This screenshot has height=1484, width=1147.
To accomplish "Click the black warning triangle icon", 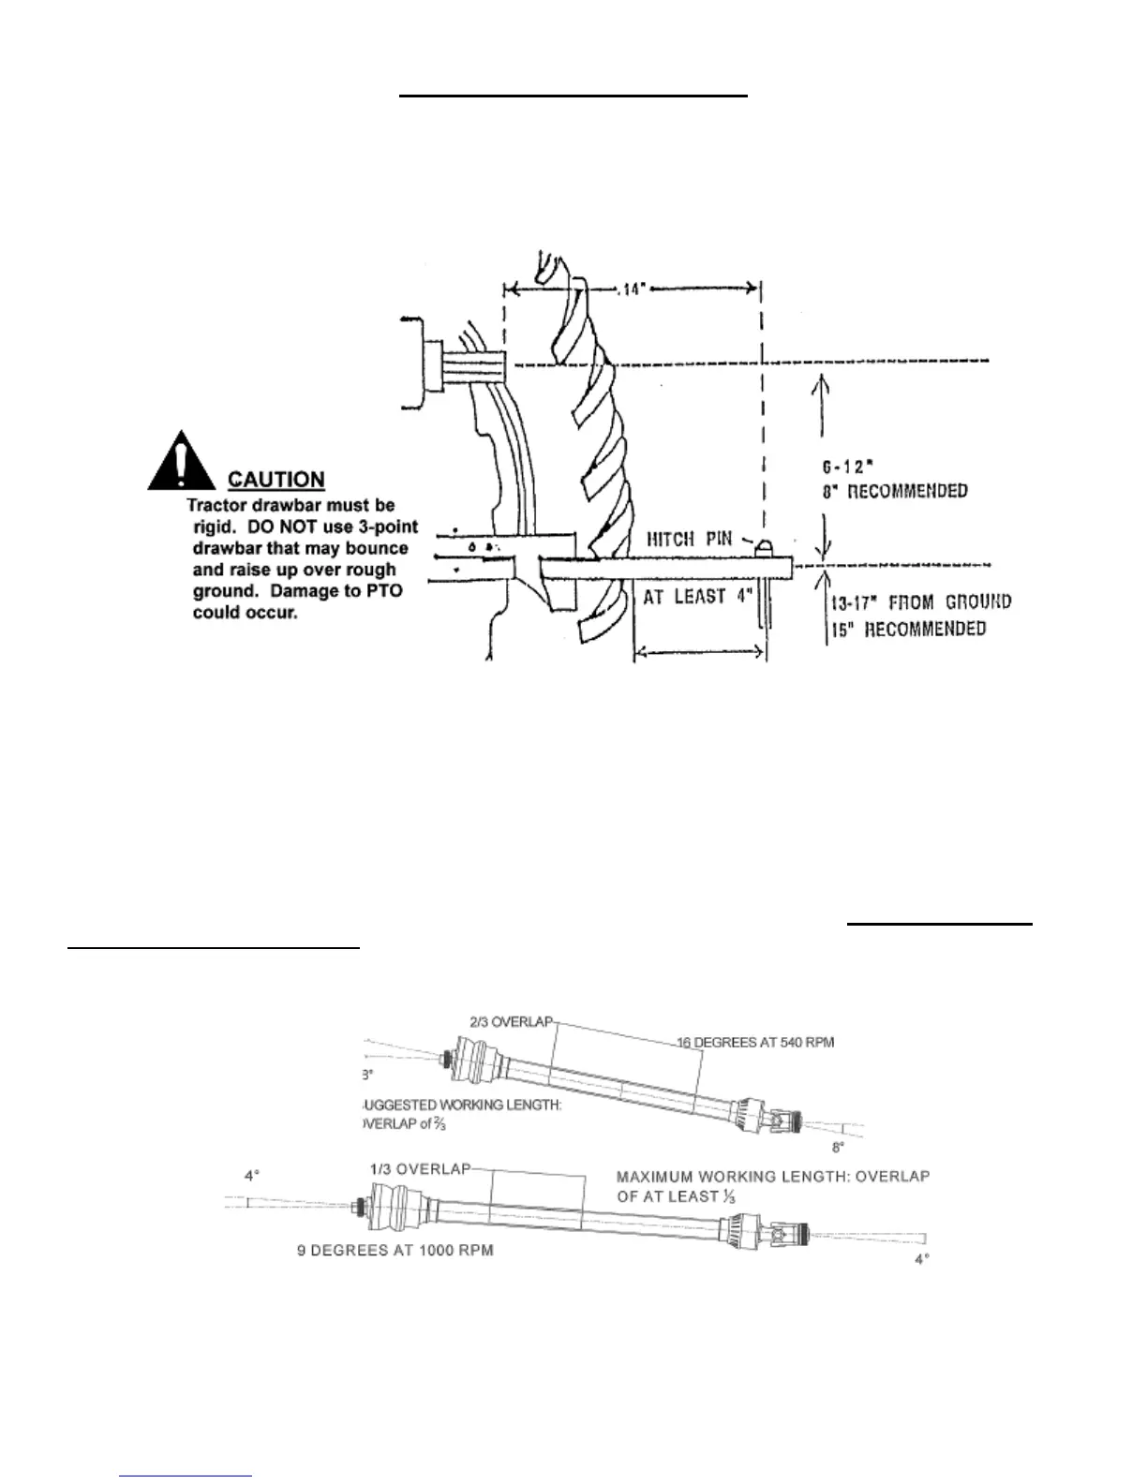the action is pos(187,462).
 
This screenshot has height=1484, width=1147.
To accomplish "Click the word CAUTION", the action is pos(276,480).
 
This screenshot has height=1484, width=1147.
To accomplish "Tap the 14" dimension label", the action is pos(634,289).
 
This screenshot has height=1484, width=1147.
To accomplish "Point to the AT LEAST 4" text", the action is pos(697,597).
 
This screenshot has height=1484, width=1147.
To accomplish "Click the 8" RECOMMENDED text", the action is pos(895,491).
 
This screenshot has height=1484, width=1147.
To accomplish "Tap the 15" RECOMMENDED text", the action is pos(907,629).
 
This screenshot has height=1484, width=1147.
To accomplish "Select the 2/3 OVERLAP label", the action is pos(511,1021).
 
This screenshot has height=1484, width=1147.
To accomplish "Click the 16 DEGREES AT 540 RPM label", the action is pos(755,1042).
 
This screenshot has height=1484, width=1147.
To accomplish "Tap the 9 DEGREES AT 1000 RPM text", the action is pos(395,1251).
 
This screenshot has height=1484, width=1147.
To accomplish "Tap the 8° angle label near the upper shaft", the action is pos(838,1147).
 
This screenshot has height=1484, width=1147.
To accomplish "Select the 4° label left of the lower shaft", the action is pos(252,1175).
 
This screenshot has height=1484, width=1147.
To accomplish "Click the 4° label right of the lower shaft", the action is pos(922,1259).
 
